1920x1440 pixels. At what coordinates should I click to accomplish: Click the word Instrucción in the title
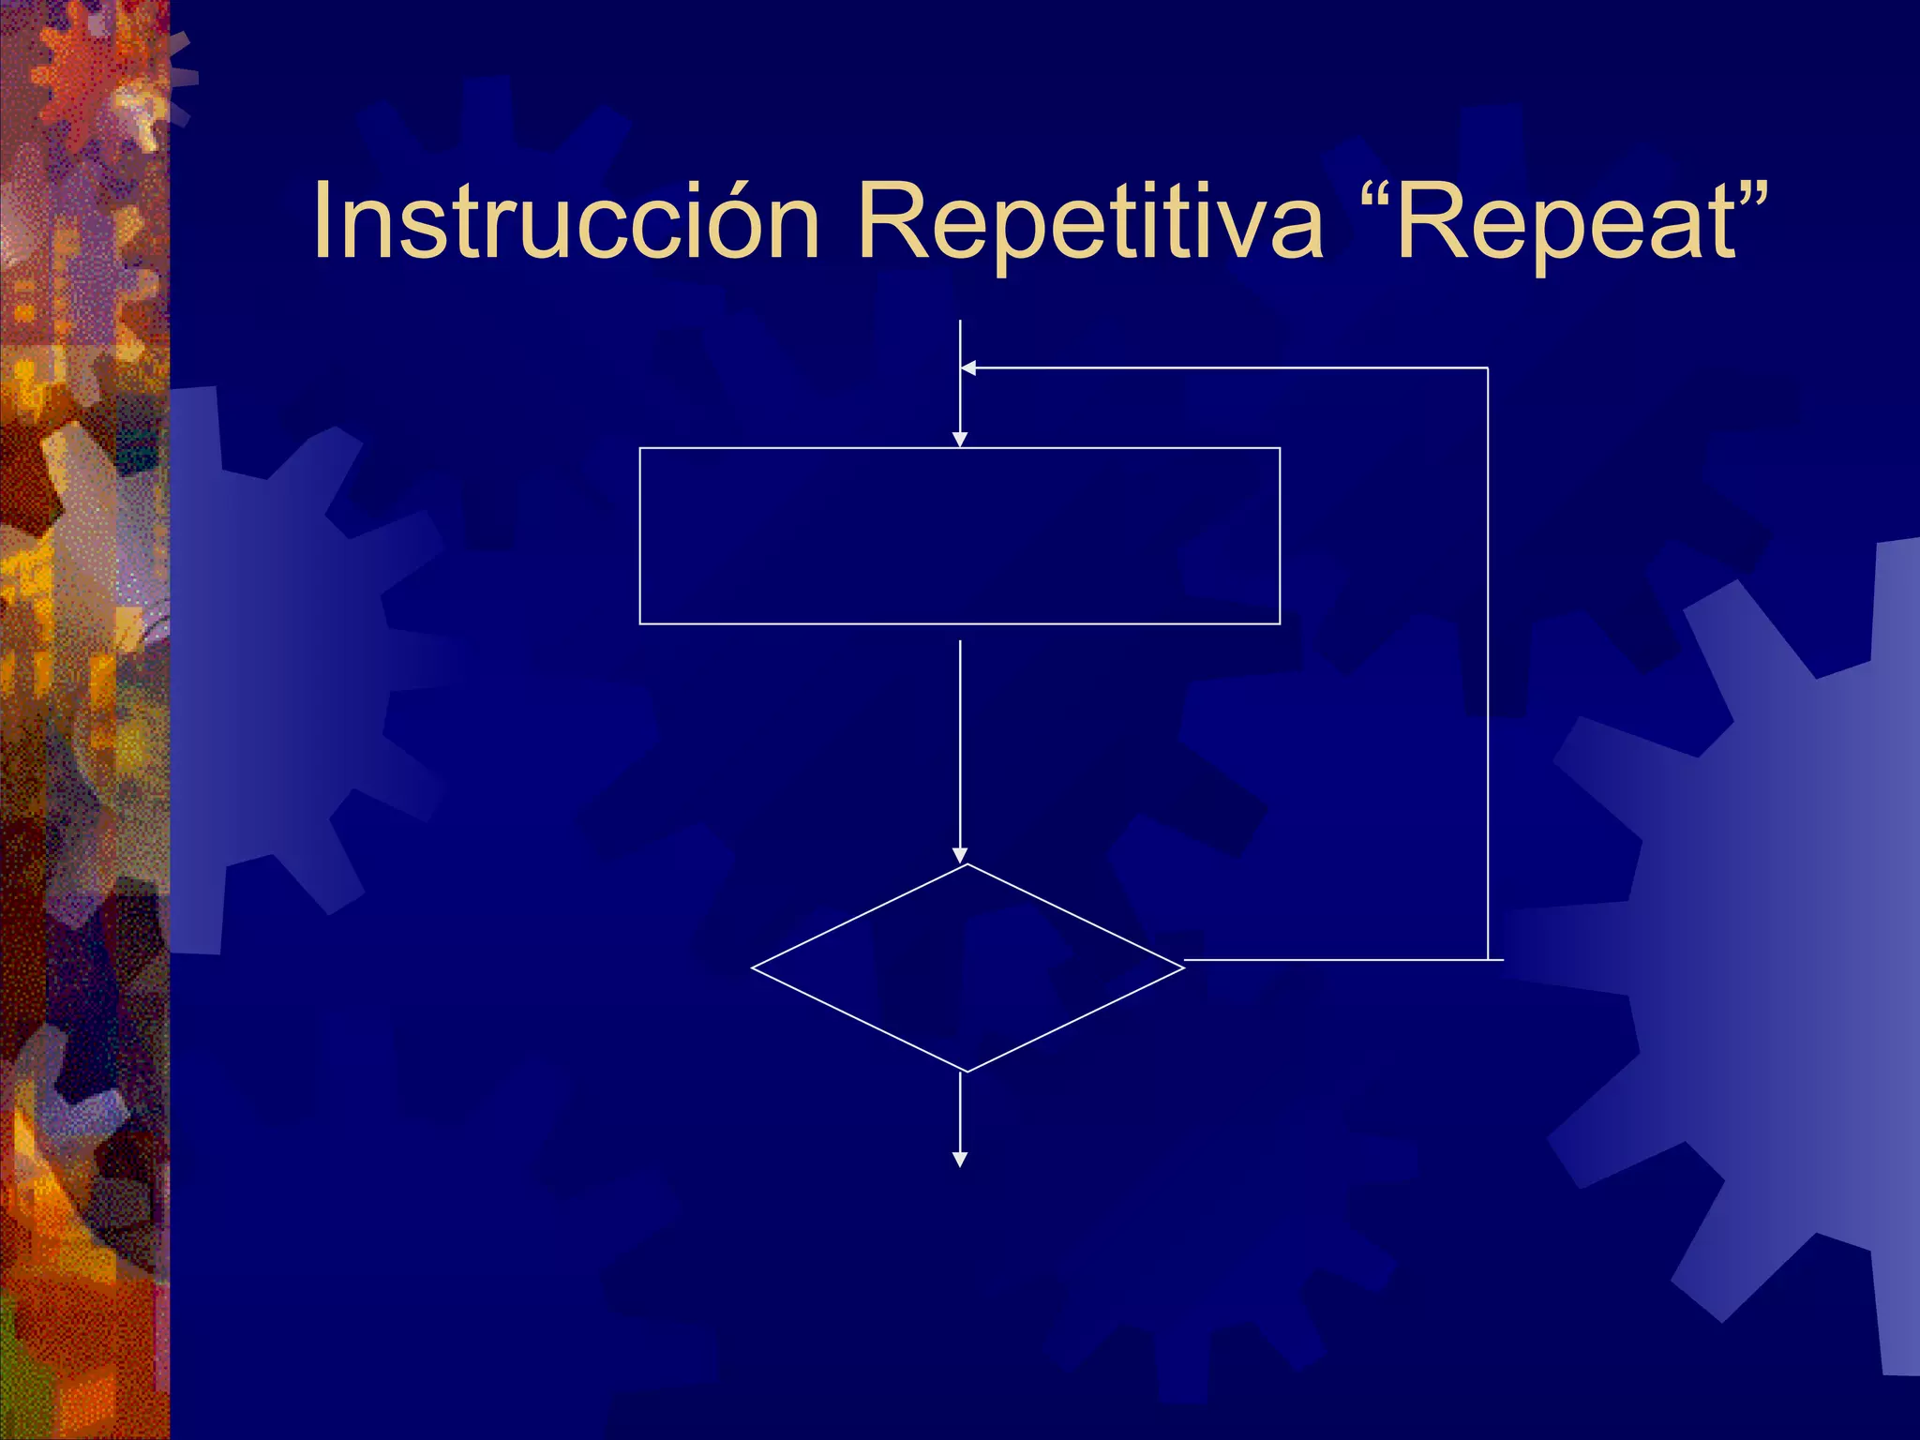tap(566, 221)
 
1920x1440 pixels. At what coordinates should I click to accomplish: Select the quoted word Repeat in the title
tap(1567, 221)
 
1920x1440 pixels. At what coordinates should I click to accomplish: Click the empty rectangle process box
tap(959, 535)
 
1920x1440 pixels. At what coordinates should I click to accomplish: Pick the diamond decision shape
tap(967, 967)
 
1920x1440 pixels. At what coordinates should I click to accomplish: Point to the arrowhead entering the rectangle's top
tap(959, 440)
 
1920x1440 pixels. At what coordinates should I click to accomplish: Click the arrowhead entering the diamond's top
tap(959, 855)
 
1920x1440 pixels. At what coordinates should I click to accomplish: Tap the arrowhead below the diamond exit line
tap(959, 1160)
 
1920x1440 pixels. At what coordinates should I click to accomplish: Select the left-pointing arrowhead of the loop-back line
tap(969, 368)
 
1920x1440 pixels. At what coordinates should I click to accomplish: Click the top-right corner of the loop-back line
tap(1488, 368)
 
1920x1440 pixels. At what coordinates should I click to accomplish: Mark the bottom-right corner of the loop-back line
tap(1488, 960)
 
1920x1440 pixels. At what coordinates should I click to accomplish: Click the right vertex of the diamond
tap(1184, 967)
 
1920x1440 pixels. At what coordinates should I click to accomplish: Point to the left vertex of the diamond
tap(752, 967)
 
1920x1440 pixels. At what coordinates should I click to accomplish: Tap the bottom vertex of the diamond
tap(967, 1071)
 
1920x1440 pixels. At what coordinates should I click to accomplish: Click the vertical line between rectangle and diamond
tap(959, 741)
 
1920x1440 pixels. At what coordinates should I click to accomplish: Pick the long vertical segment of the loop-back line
tap(1488, 656)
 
